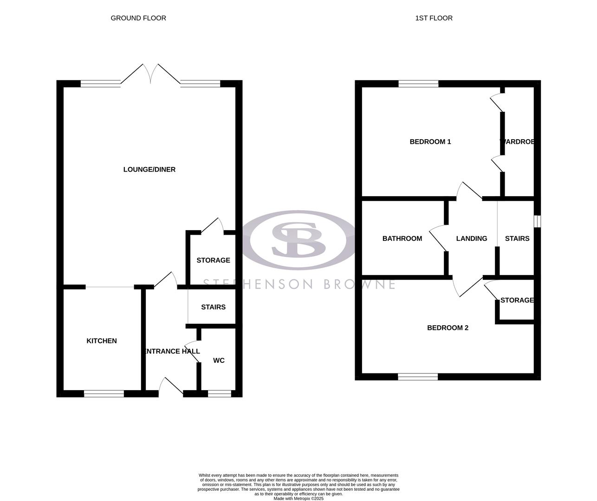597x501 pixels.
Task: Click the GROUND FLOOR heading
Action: (138, 18)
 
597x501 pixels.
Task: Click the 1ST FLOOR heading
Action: (434, 18)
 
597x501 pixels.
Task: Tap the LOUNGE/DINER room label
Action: (149, 169)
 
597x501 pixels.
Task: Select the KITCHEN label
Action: (102, 341)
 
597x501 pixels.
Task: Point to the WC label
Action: (219, 360)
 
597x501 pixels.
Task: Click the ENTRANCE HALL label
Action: (172, 351)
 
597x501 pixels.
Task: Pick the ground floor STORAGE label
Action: (213, 260)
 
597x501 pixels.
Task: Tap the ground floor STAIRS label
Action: (213, 307)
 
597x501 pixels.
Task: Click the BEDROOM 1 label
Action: (430, 141)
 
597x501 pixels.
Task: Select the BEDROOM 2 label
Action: (448, 328)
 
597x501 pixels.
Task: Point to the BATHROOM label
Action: (402, 238)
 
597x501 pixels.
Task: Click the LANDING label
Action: (472, 238)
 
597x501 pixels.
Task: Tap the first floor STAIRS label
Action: (517, 238)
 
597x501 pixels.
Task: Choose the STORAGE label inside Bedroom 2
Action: (517, 300)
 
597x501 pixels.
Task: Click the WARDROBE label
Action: (517, 141)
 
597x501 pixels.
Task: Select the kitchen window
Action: (104, 394)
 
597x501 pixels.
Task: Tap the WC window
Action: (219, 394)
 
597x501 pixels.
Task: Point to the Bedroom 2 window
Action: (418, 377)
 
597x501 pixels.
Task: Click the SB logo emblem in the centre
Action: (298, 239)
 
